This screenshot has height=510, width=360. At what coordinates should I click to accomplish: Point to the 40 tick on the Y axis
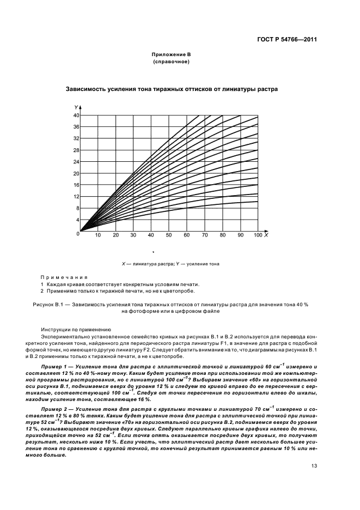coord(76,116)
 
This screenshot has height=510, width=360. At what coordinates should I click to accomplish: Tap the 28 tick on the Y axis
coord(76,150)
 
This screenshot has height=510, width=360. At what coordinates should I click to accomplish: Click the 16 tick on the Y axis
coord(76,185)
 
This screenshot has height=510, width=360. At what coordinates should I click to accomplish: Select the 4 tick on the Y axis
coord(78,220)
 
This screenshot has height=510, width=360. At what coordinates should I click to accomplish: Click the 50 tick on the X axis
coord(169,235)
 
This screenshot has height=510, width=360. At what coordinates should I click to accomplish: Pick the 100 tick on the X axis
coord(258,235)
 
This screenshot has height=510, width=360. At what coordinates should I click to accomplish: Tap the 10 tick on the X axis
coord(98,235)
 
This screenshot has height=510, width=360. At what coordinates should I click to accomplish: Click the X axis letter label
coord(266,235)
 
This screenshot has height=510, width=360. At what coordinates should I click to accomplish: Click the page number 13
coord(314,465)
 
